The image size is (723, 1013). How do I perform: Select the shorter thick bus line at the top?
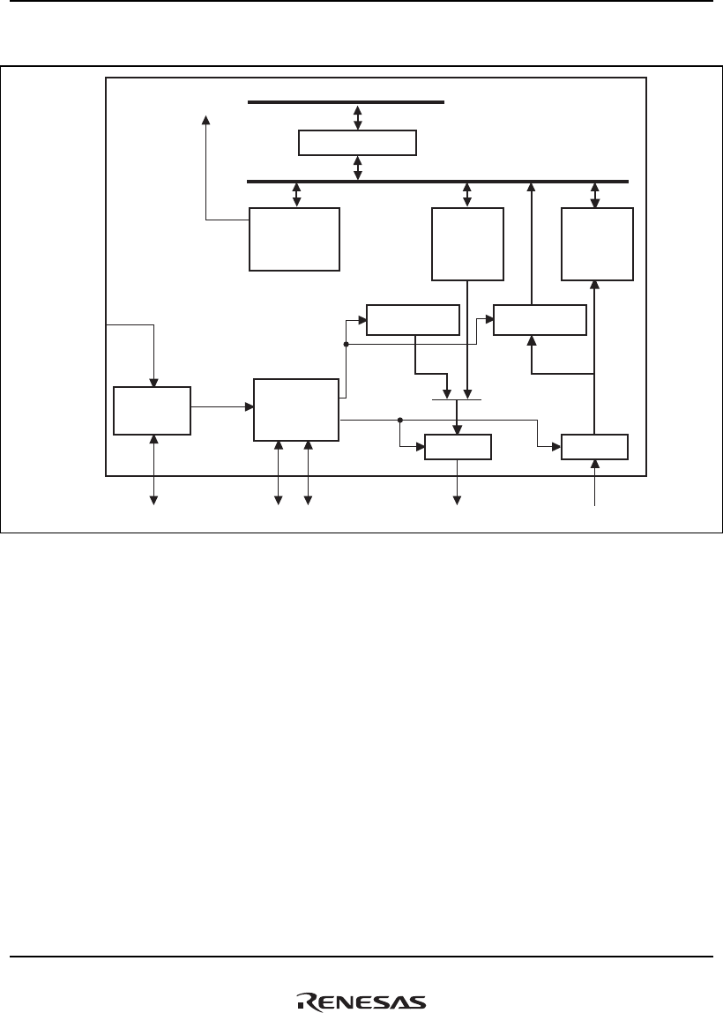click(346, 102)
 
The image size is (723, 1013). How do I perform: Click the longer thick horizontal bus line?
click(438, 181)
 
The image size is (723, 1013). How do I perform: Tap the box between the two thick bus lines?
click(357, 142)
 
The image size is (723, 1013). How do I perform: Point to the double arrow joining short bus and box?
click(357, 116)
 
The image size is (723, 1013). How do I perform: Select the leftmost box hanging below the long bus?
click(294, 239)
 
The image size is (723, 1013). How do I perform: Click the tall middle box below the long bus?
click(467, 244)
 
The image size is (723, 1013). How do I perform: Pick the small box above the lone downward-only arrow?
click(458, 447)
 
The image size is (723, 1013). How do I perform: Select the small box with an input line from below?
click(595, 447)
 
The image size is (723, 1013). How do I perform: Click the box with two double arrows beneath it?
click(295, 409)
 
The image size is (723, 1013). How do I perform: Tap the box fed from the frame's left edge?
click(152, 410)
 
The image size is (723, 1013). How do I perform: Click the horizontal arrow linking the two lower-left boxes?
click(222, 406)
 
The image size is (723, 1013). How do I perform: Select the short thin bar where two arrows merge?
click(457, 399)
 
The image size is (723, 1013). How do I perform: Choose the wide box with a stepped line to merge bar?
click(413, 319)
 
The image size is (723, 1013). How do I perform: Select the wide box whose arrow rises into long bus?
click(540, 319)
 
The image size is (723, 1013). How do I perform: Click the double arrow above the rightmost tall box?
click(595, 195)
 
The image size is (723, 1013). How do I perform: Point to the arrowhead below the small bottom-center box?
click(458, 501)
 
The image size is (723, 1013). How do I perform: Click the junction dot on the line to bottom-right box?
click(400, 420)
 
